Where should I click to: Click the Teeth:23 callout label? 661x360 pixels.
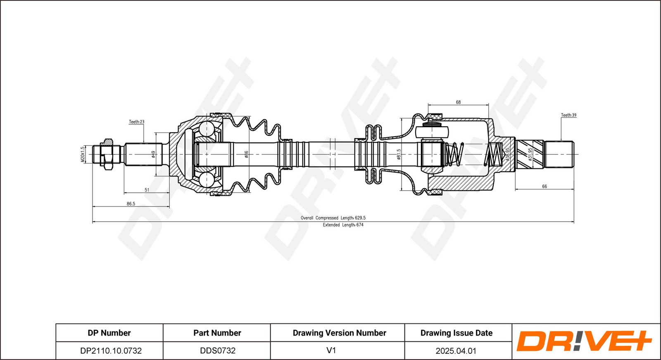pyautogui.click(x=137, y=122)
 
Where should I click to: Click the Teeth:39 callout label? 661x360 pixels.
pyautogui.click(x=568, y=115)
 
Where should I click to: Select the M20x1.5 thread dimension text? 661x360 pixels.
pyautogui.click(x=83, y=154)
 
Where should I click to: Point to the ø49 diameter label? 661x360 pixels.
pyautogui.click(x=153, y=154)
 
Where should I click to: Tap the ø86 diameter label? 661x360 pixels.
pyautogui.click(x=246, y=154)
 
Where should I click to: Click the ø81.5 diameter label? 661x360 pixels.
pyautogui.click(x=399, y=154)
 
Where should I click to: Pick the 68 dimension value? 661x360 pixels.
pyautogui.click(x=458, y=102)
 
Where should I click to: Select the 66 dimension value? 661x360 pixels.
pyautogui.click(x=544, y=186)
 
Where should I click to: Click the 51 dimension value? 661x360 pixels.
pyautogui.click(x=147, y=190)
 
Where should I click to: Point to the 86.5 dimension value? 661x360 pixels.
pyautogui.click(x=131, y=204)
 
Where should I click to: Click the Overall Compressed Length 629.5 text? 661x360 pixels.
pyautogui.click(x=333, y=218)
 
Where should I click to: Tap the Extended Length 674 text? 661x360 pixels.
pyautogui.click(x=343, y=225)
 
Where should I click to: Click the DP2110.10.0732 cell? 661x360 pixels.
pyautogui.click(x=111, y=351)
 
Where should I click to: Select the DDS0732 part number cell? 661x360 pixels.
pyautogui.click(x=218, y=351)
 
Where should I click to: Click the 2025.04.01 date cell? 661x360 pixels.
pyautogui.click(x=456, y=351)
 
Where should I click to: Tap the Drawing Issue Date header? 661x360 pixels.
pyautogui.click(x=457, y=333)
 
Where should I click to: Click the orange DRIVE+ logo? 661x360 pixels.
pyautogui.click(x=584, y=341)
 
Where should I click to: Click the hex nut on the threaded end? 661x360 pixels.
pyautogui.click(x=107, y=154)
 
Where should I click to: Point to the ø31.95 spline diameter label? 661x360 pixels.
pyautogui.click(x=530, y=154)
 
